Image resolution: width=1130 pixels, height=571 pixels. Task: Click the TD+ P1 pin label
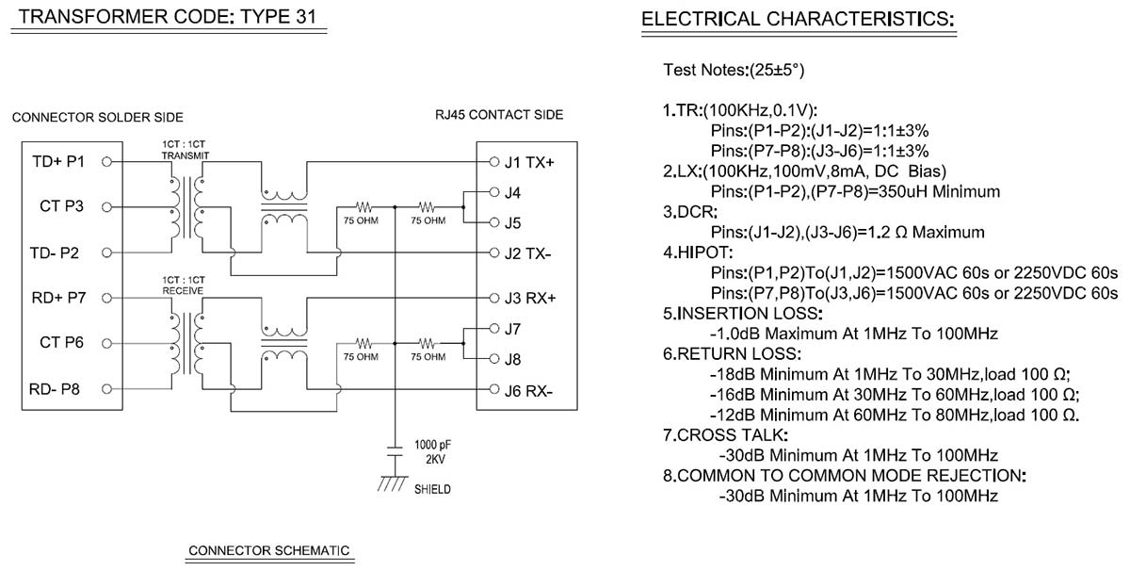pos(58,162)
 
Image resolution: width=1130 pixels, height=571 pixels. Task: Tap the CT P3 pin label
pos(61,207)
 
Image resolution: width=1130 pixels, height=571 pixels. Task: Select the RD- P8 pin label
pos(58,388)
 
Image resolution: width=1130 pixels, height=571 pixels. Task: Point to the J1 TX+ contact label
pos(529,162)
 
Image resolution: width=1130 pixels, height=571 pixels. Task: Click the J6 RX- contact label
pos(528,389)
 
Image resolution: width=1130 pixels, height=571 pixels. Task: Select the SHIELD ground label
pos(432,489)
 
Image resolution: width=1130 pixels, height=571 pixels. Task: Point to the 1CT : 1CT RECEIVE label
pos(184,286)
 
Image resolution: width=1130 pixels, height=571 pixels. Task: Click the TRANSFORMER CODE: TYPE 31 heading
pos(167,17)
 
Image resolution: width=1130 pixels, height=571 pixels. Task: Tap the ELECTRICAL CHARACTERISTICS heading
pos(798,19)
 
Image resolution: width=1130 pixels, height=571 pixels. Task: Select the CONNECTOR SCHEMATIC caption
pos(269,550)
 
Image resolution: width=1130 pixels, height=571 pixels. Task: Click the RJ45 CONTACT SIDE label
pos(499,115)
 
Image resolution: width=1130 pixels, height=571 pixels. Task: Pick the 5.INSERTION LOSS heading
pos(743,313)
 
